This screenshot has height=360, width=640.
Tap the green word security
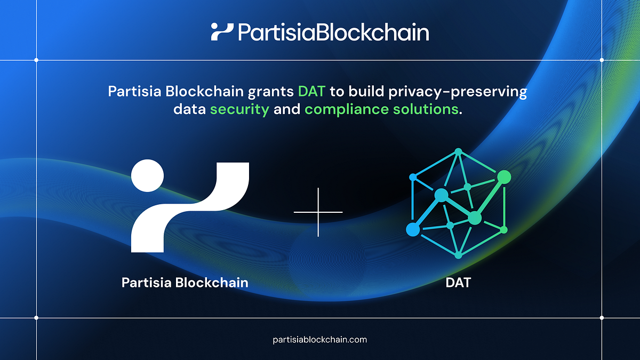[239, 110]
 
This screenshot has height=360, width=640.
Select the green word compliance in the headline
[342, 110]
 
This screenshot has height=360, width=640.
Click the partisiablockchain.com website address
[319, 339]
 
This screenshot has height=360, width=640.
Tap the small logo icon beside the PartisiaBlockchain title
[222, 32]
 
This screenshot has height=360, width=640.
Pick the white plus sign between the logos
[318, 212]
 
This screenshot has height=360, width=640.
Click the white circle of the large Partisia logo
[147, 175]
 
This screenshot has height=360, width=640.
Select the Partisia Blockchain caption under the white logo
[185, 282]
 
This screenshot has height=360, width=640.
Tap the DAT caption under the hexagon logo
[458, 282]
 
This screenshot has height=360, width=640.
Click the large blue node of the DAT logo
[412, 229]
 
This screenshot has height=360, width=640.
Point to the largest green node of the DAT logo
[504, 177]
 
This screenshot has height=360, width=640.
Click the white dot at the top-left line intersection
[36, 60]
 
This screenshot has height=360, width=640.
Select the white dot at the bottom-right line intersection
[602, 318]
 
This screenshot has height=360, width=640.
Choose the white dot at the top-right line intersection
[602, 60]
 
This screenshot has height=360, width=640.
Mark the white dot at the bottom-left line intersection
[36, 318]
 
